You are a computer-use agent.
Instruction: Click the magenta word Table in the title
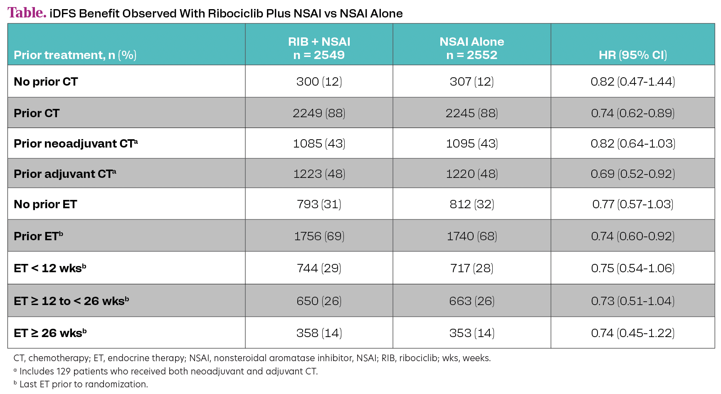[x=26, y=12]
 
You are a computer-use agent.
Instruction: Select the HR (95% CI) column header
[x=632, y=55]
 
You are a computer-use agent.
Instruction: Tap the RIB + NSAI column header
[x=319, y=48]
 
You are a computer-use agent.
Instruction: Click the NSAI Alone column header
[x=472, y=48]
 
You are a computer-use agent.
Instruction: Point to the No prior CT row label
[x=46, y=81]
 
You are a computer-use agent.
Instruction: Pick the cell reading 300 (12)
[x=319, y=81]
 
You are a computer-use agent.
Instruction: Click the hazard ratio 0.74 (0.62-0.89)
[x=632, y=113]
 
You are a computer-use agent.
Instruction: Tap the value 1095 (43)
[x=472, y=143]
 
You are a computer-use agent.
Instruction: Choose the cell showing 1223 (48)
[x=319, y=174]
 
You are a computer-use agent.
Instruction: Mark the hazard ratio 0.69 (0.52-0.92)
[x=632, y=174]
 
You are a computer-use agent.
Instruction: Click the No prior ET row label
[x=45, y=204]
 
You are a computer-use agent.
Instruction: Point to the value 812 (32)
[x=472, y=204]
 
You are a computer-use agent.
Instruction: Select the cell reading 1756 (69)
[x=319, y=236]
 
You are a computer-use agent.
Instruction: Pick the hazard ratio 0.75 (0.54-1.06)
[x=632, y=268]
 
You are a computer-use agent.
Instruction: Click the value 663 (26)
[x=472, y=301]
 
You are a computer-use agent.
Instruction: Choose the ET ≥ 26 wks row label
[x=50, y=333]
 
